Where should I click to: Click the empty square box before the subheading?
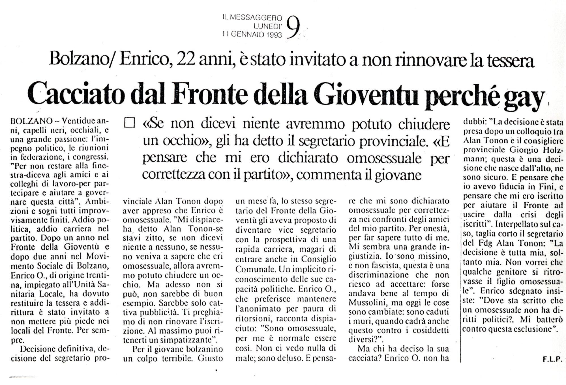[130, 124]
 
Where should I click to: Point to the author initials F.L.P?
[552, 360]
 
